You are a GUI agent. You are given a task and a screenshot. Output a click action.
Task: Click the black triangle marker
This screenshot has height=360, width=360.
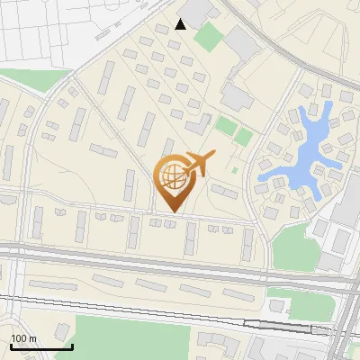click(181, 24)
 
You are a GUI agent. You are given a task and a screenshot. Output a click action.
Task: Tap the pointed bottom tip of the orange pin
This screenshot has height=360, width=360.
click(172, 211)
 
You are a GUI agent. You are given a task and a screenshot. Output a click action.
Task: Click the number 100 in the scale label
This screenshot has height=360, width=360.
click(18, 338)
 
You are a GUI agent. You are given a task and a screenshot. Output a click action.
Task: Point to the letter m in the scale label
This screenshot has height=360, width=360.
click(32, 338)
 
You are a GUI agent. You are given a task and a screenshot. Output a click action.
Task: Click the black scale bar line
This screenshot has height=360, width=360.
click(41, 346)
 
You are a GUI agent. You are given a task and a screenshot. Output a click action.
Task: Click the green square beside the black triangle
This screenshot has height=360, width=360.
click(209, 37)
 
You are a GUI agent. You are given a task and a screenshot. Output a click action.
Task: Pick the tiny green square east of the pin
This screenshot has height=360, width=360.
click(234, 168)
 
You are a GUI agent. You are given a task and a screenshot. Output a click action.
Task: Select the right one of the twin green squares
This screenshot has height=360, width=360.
click(243, 137)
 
